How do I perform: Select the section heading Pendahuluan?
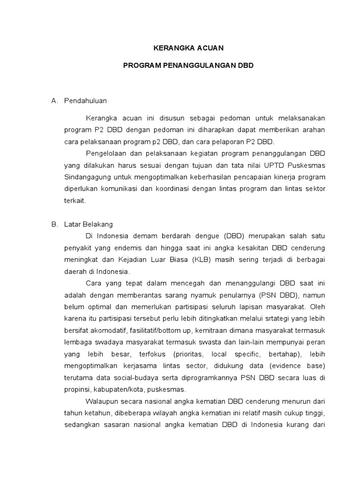tap(86, 100)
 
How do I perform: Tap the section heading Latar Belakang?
tap(89, 224)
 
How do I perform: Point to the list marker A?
tap(54, 100)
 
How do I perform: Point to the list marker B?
tap(54, 224)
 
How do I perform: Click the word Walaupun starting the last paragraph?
tap(102, 402)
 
